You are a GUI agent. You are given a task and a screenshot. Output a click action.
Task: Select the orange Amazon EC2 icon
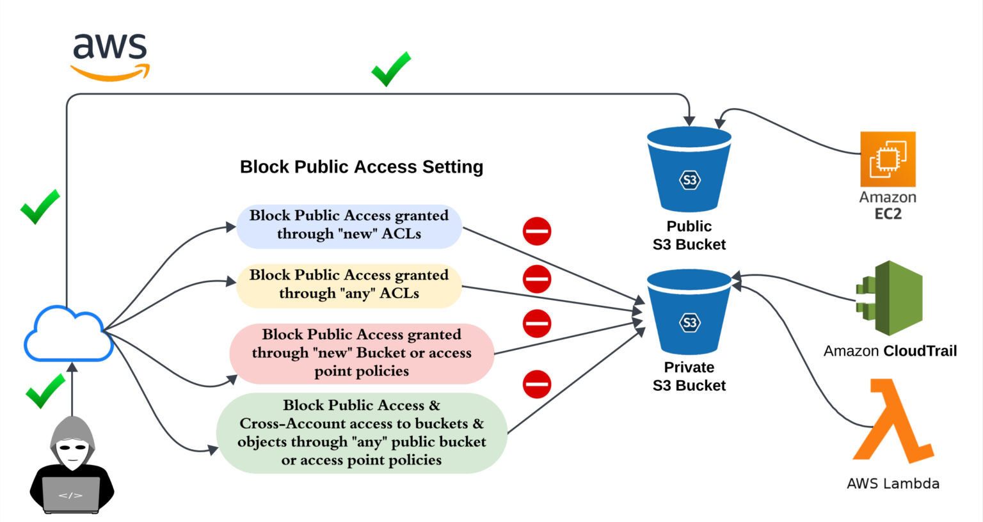tap(888, 159)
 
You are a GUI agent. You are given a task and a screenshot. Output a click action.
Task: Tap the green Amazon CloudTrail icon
tap(890, 298)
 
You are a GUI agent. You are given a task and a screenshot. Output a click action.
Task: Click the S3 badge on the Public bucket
tap(689, 180)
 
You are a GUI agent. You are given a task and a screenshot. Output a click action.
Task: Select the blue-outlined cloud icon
tap(68, 335)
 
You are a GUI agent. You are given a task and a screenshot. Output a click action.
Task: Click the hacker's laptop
tap(70, 494)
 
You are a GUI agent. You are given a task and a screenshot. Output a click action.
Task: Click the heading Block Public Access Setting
tap(361, 167)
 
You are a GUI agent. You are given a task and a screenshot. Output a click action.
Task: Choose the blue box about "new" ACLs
tap(349, 225)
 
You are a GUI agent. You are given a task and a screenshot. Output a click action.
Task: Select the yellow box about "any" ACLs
tap(349, 285)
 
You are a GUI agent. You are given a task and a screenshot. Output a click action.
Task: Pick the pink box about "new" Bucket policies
tap(362, 353)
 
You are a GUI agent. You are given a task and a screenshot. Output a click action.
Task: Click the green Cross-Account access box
tap(362, 433)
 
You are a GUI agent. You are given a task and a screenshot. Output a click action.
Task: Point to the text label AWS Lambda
tap(893, 484)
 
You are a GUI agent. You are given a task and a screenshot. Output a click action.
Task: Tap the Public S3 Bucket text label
tap(689, 235)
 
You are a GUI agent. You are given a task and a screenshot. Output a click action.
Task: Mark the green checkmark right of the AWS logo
tap(391, 69)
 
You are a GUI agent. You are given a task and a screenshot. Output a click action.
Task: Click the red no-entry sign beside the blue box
tap(537, 231)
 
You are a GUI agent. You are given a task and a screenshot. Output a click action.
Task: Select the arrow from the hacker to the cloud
tap(72, 390)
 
